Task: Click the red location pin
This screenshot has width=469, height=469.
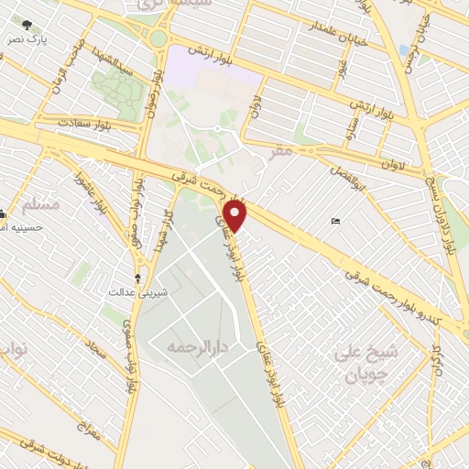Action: click(x=236, y=214)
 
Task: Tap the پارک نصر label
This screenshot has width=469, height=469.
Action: click(x=26, y=41)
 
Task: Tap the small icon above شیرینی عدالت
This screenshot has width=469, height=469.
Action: click(x=138, y=277)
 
